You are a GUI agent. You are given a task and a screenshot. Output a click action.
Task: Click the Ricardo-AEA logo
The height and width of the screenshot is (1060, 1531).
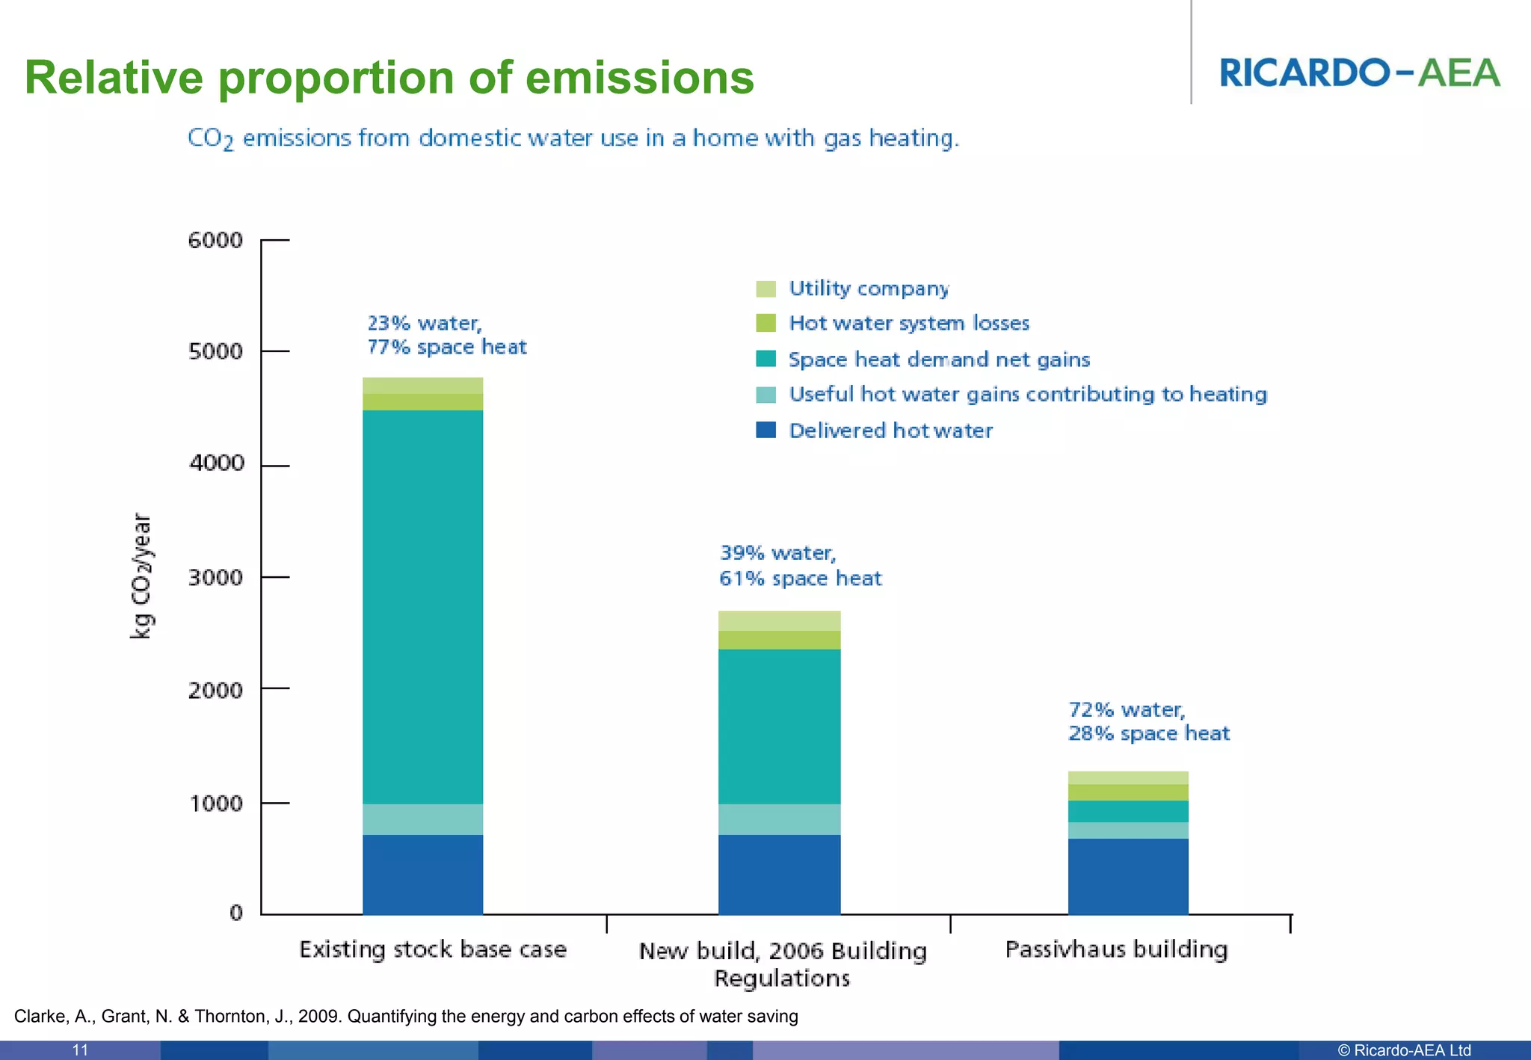1359,73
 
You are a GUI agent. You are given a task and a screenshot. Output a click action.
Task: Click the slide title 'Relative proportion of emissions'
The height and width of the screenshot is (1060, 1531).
389,78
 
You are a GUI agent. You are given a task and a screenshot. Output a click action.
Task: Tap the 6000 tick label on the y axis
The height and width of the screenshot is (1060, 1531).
215,241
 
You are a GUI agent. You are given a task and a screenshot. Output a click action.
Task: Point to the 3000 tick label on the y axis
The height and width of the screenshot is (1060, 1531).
215,578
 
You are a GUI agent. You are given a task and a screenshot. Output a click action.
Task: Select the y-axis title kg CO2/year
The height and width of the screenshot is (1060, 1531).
141,576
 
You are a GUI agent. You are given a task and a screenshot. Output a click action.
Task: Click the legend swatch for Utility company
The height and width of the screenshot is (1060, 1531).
765,289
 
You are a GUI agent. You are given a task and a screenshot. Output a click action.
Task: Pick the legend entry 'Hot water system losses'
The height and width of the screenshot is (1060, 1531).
908,324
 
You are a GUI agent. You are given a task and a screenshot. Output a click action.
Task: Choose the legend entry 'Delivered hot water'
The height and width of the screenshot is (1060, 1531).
890,431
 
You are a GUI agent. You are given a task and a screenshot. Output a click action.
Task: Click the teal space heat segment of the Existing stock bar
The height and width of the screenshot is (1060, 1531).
422,606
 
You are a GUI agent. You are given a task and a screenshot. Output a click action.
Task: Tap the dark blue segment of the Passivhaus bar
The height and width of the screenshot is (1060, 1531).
1127,876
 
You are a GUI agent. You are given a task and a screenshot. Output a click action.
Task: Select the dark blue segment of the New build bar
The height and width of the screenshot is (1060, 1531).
779,875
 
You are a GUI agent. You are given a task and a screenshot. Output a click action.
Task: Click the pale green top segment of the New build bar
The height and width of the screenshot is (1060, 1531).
779,621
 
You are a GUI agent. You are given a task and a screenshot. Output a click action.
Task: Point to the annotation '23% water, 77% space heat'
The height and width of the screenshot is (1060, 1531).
446,335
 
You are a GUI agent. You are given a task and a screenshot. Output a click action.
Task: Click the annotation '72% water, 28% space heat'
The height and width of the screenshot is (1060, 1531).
1148,721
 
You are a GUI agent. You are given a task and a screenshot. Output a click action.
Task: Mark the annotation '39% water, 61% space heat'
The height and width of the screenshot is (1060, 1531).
800,566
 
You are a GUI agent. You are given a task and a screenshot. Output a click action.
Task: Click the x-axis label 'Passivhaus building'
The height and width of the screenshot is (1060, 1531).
1116,949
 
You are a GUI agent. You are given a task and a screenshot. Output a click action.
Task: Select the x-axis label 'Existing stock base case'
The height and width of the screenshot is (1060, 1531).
433,949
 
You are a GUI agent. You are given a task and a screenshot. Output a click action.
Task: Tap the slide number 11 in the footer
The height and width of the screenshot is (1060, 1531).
80,1050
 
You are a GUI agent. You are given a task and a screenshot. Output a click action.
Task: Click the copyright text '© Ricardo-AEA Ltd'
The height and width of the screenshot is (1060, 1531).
1404,1050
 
